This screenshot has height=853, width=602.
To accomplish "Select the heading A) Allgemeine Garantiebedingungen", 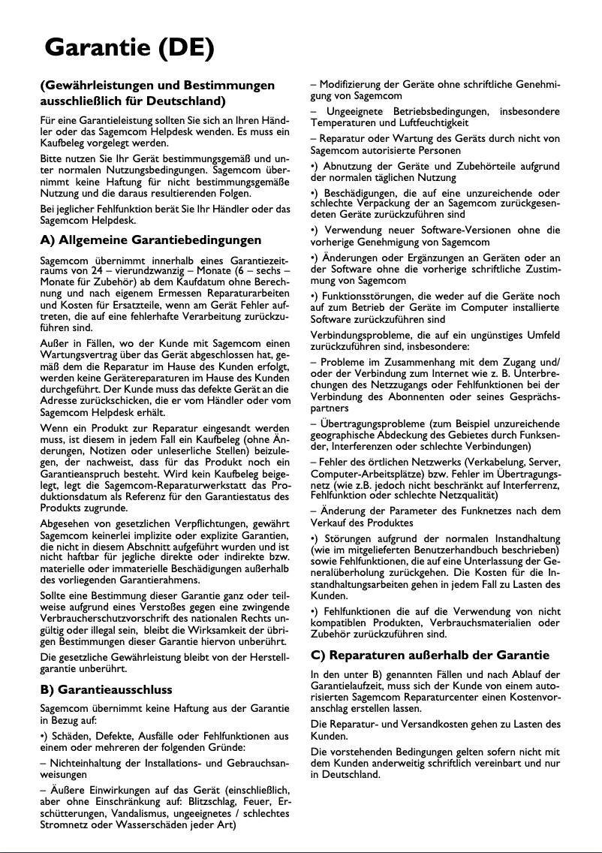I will pyautogui.click(x=150, y=240).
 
